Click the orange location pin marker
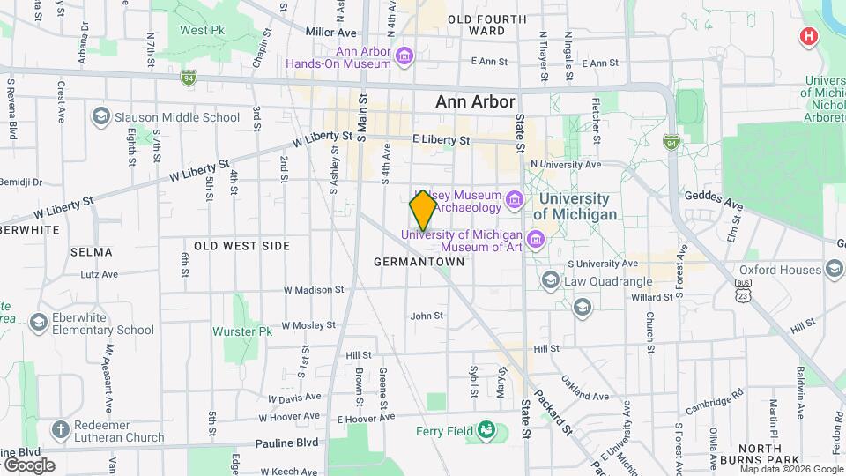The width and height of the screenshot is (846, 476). (x=423, y=211)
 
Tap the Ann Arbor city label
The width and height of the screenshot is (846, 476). (x=475, y=102)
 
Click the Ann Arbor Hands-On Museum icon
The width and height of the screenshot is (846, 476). (x=404, y=57)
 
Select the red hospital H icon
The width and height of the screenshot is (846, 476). (x=807, y=36)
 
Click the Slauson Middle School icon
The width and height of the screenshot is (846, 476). (x=101, y=117)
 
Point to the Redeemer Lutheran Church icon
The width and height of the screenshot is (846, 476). (x=60, y=430)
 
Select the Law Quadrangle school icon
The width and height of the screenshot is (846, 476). (x=551, y=281)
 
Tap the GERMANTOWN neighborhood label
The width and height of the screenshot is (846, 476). (x=419, y=262)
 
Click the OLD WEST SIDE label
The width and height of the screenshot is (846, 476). (x=241, y=245)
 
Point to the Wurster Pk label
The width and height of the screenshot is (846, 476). (x=242, y=332)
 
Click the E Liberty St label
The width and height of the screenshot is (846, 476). (x=442, y=139)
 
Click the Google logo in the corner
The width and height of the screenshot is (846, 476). (x=28, y=465)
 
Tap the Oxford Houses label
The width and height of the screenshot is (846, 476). (x=780, y=270)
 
